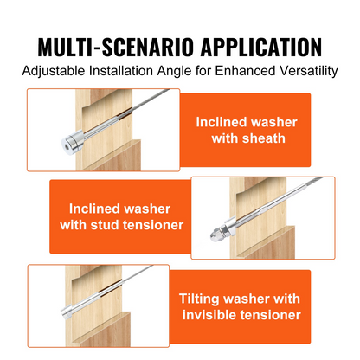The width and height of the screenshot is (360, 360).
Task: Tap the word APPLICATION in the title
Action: tap(261, 47)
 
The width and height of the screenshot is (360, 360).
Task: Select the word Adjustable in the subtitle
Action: tap(54, 71)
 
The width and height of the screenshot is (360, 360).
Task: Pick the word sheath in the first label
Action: tap(263, 138)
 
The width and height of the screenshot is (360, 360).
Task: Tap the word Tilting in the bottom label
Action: tap(200, 299)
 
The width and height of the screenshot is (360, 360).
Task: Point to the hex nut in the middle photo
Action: tap(225, 230)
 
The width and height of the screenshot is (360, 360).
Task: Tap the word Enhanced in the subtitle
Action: tap(245, 71)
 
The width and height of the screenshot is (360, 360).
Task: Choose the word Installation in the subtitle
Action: tap(121, 71)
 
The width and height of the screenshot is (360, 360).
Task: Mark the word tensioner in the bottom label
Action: tap(271, 315)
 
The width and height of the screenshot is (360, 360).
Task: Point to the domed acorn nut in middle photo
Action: tap(215, 235)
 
